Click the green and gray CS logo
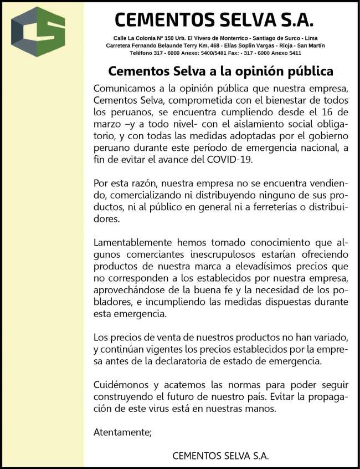[38, 32]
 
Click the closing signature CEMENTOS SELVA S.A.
[220, 456]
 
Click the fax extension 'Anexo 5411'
[287, 53]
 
